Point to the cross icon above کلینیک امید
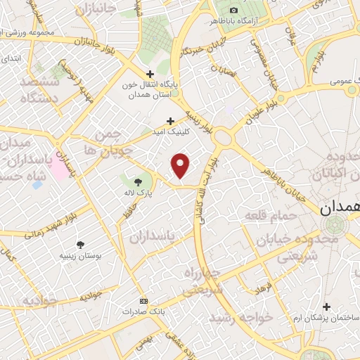click(x=169, y=121)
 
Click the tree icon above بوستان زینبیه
click(x=83, y=245)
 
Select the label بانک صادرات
click(x=143, y=310)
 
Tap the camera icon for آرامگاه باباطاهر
click(x=233, y=10)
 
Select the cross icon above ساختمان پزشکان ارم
click(x=326, y=307)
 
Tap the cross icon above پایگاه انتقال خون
click(x=150, y=74)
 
